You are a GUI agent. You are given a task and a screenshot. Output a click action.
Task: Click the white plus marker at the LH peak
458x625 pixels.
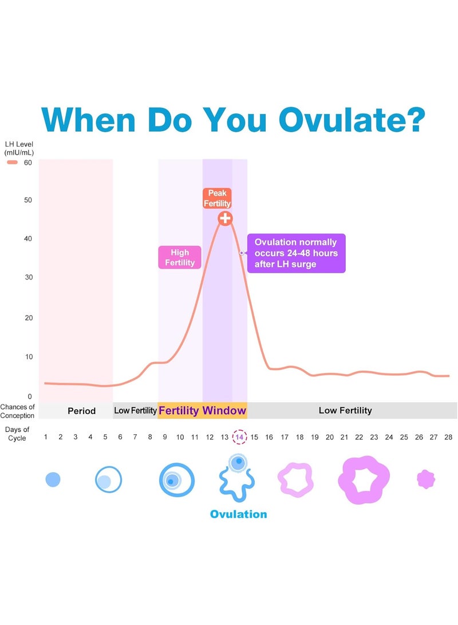(x=225, y=218)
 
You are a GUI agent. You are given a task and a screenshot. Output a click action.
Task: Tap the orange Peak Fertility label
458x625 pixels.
(x=217, y=198)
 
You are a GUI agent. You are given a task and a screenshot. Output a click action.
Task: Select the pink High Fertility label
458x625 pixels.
(x=180, y=257)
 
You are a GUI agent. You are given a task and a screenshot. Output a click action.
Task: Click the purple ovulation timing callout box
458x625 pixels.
(x=297, y=253)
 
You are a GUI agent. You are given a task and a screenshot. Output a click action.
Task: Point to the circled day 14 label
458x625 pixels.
(x=239, y=437)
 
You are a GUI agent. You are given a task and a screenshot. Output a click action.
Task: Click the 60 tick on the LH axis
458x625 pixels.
(x=28, y=163)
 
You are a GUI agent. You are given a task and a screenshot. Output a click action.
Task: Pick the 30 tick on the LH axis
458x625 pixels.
(x=29, y=277)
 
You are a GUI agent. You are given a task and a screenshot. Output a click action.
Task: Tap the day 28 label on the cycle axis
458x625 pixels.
(x=448, y=437)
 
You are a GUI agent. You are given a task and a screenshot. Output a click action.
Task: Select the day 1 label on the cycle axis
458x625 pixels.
(x=46, y=437)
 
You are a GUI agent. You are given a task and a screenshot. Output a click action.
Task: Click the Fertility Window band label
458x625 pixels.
(x=202, y=411)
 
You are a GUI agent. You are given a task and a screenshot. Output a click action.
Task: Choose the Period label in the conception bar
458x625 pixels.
(x=82, y=411)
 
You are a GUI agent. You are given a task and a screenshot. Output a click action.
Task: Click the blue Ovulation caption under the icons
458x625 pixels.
(x=239, y=514)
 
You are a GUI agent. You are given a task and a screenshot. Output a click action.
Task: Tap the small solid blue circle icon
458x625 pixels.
(x=53, y=479)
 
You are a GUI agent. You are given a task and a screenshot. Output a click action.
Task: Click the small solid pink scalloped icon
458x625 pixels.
(x=426, y=479)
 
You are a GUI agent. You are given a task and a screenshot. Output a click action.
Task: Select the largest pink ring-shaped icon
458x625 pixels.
(x=363, y=480)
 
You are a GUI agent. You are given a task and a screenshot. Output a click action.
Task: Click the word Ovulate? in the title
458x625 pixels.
(x=352, y=120)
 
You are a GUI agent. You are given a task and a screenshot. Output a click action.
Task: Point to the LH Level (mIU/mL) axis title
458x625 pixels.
(x=19, y=148)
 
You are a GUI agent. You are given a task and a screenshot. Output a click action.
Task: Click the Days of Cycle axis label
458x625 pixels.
(x=17, y=434)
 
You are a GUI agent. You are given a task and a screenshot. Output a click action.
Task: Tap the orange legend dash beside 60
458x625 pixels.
(x=13, y=162)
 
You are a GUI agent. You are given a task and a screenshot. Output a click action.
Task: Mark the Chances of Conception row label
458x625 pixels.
(x=18, y=411)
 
